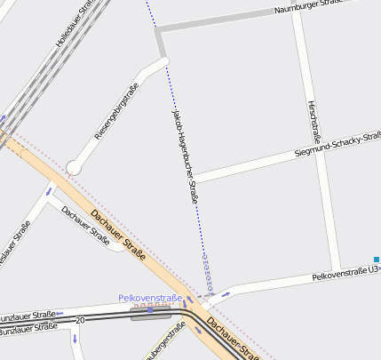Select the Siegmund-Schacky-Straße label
click(x=337, y=146)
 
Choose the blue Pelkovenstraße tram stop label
click(x=150, y=299)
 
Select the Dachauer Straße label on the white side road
click(x=85, y=226)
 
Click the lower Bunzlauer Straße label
click(x=28, y=330)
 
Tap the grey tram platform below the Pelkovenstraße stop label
click(x=152, y=314)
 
